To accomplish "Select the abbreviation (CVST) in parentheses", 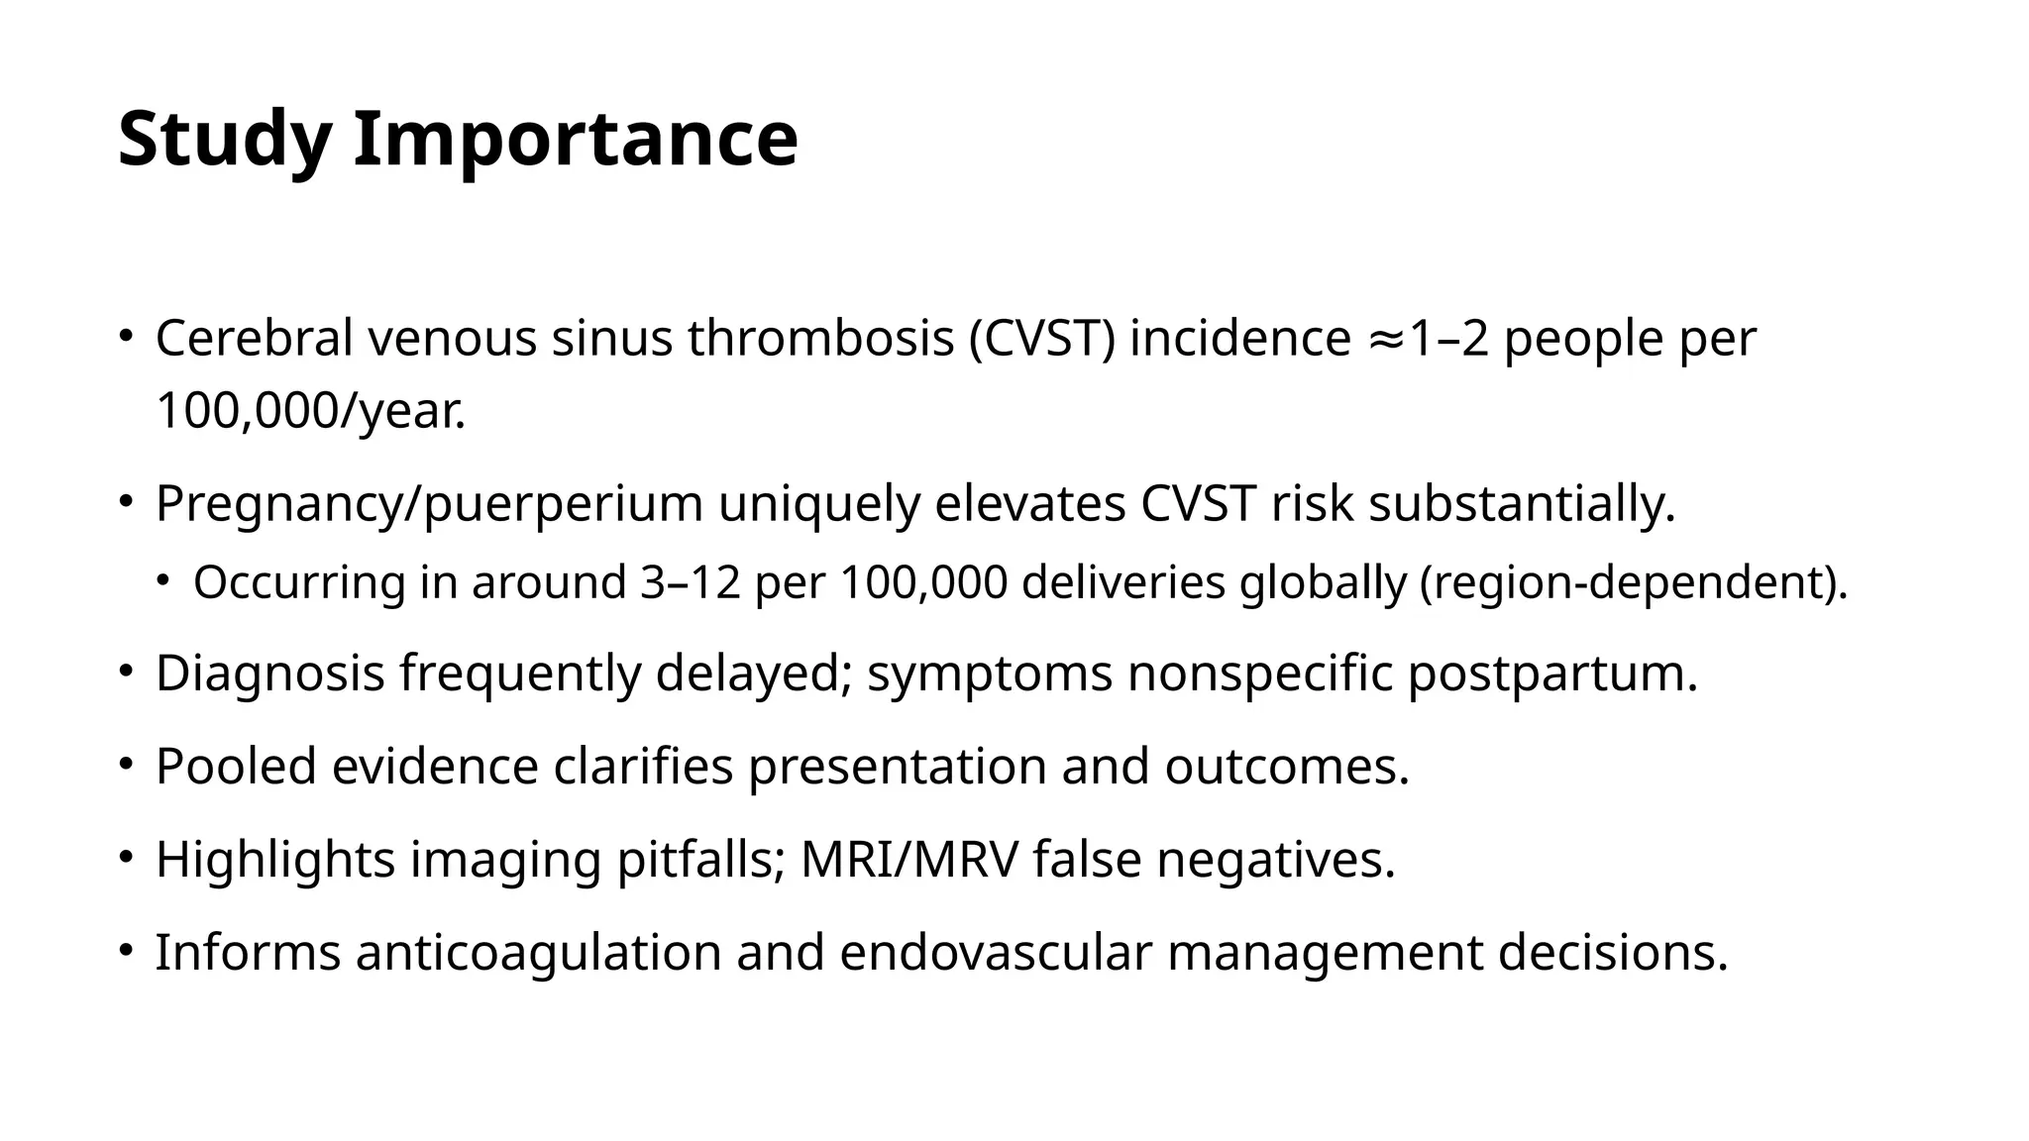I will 1042,339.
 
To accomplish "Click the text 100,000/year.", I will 310,411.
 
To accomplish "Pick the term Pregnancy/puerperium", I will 429,504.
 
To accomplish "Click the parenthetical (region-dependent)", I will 1634,582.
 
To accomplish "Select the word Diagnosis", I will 269,674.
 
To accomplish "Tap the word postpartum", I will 1552,674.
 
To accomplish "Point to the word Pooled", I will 236,767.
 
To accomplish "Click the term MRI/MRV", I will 908,860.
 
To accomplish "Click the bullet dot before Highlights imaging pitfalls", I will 125,858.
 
